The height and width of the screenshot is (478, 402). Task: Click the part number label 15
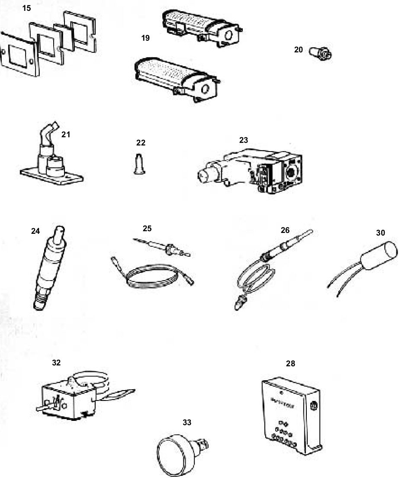pos(26,8)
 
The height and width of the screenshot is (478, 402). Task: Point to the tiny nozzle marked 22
pos(139,164)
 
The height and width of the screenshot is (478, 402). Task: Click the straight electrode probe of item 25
pos(162,247)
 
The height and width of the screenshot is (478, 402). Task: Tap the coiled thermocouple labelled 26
pos(260,273)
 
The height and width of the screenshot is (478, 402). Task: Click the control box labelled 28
pos(290,416)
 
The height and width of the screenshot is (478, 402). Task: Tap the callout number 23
pos(244,140)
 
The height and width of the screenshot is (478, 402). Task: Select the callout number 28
pos(290,364)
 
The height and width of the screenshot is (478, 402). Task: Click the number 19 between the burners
pos(145,38)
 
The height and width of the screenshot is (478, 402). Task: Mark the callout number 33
pos(187,422)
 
